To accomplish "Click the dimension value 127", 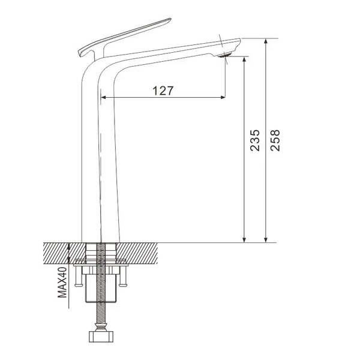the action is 163,91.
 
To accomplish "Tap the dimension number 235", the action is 255,140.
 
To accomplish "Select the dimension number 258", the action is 275,140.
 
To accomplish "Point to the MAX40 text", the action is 62,282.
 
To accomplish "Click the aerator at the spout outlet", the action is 224,55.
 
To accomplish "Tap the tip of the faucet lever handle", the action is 170,19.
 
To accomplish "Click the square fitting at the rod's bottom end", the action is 101,337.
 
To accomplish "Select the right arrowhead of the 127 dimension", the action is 223,97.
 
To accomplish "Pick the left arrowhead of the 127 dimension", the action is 104,97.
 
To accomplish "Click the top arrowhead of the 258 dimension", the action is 266,41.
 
